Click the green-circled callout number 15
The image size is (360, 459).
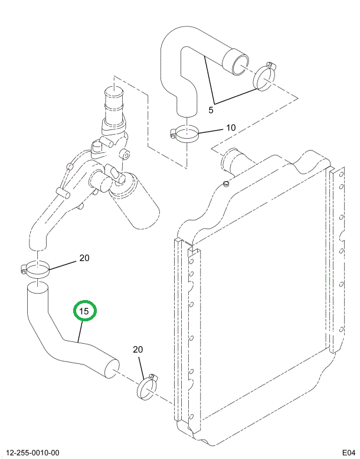84,310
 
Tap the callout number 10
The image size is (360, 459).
230,128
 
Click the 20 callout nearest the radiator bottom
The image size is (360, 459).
138,350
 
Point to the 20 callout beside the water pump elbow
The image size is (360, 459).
84,258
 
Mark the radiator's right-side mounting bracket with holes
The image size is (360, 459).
338,260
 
